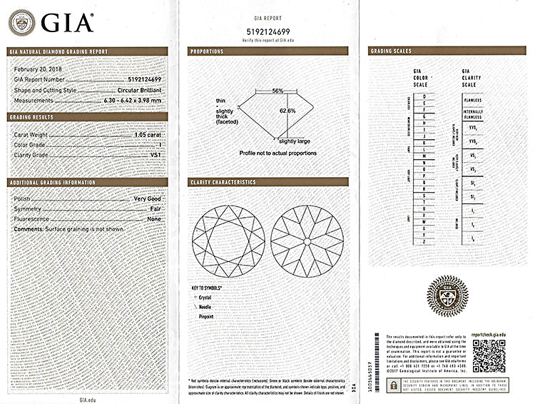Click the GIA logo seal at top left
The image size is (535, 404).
(21, 22)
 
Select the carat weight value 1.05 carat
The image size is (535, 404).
(148, 134)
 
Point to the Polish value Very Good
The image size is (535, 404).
(148, 198)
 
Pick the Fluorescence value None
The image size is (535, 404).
(154, 218)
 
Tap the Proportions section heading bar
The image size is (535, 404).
(267, 51)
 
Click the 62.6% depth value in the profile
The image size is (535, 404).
(287, 111)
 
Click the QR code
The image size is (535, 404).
(489, 355)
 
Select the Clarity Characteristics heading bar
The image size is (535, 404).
(267, 182)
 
